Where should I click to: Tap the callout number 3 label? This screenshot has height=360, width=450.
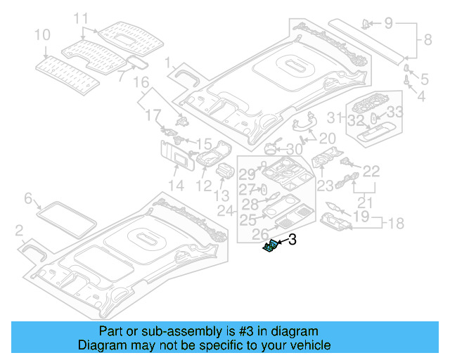[292, 240]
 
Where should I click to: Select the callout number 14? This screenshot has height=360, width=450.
[176, 186]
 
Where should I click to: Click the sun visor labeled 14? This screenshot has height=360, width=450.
[175, 156]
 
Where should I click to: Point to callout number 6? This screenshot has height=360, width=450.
[29, 199]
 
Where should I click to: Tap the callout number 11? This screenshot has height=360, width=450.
[81, 18]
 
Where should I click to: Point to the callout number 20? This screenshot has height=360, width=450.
[327, 138]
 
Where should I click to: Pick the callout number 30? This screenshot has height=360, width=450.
[294, 149]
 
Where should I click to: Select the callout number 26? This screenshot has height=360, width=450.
[260, 233]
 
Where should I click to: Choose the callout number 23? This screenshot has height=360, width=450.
[325, 186]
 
